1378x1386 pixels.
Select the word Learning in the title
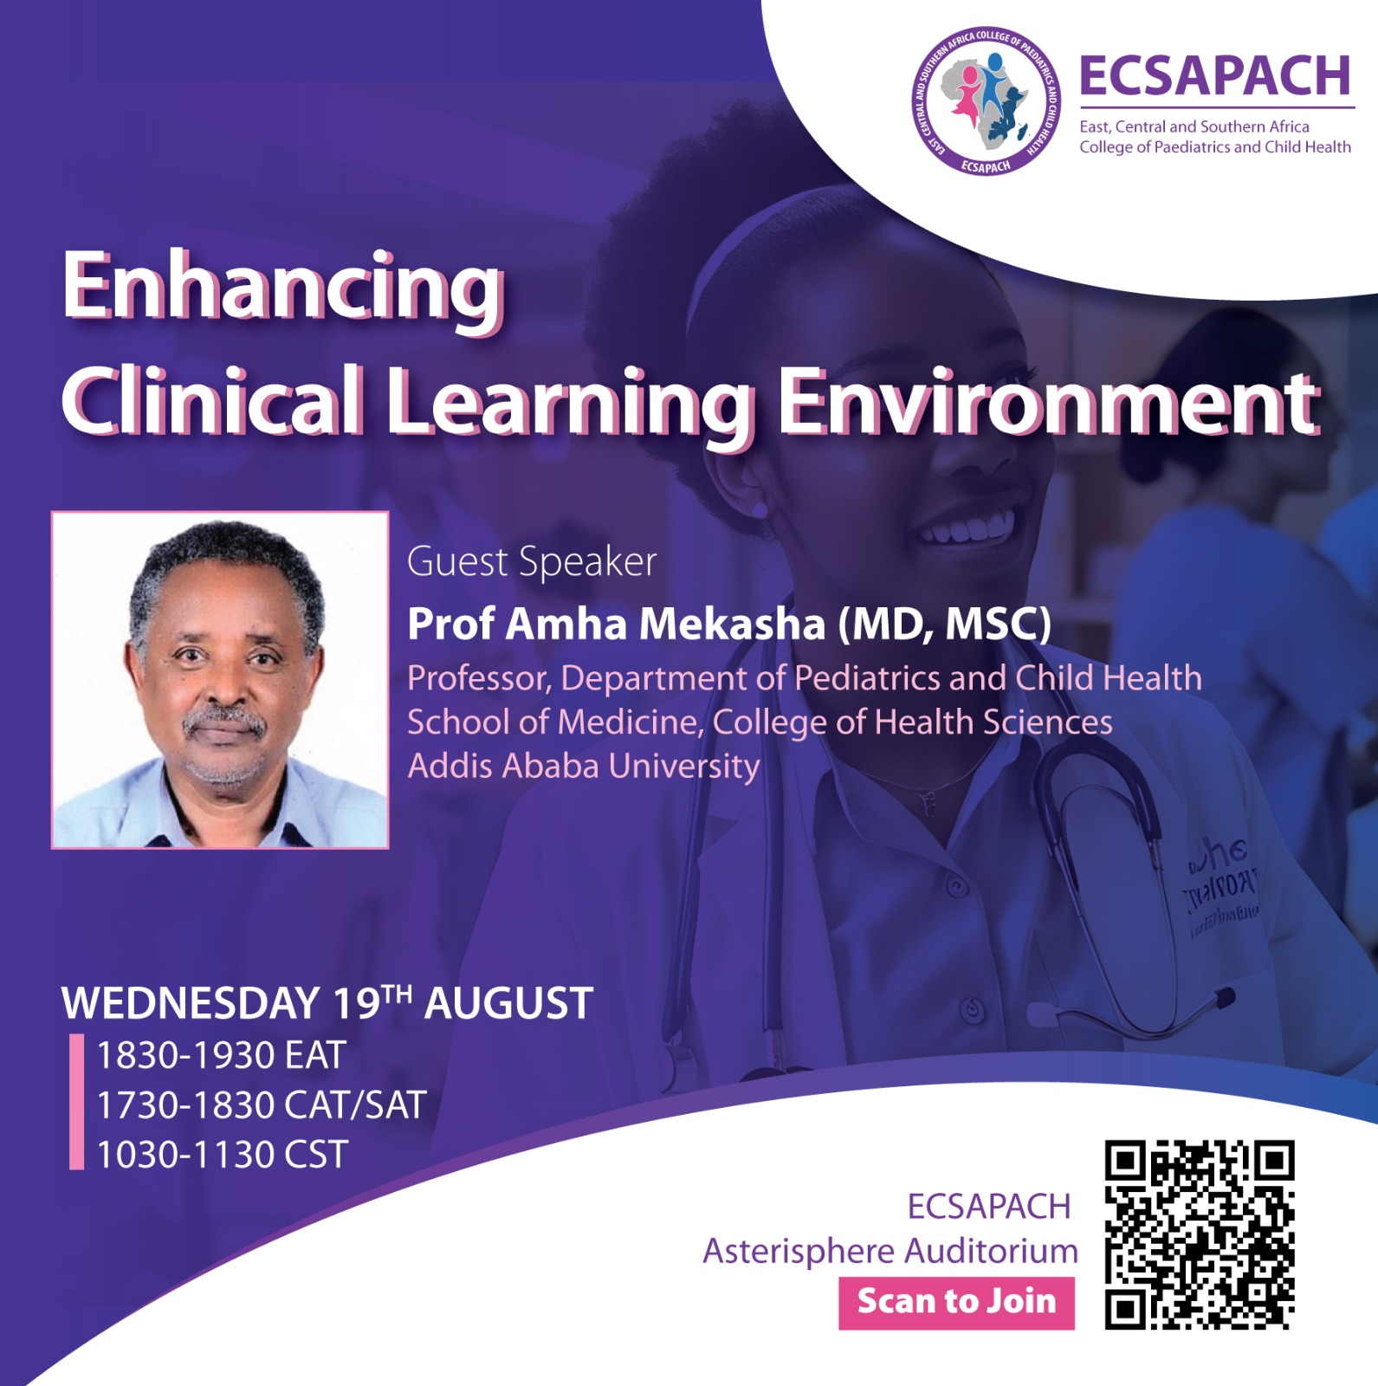(x=570, y=403)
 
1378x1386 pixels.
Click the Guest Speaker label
(x=532, y=562)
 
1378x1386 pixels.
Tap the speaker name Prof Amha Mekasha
(x=616, y=624)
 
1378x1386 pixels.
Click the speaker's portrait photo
(x=220, y=680)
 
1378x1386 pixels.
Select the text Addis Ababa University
(x=584, y=767)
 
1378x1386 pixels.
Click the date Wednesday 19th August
(x=327, y=1003)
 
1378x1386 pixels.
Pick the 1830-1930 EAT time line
(x=221, y=1055)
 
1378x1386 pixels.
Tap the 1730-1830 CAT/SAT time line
(x=262, y=1105)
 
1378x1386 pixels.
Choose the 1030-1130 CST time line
(x=222, y=1155)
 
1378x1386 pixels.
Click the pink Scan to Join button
(x=956, y=1302)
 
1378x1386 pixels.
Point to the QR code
(x=1200, y=1234)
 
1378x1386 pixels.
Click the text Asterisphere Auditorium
(x=890, y=1252)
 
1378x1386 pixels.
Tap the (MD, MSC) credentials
(x=944, y=624)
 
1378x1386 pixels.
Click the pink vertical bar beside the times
(x=77, y=1102)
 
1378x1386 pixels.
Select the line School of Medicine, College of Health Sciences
(x=760, y=722)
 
